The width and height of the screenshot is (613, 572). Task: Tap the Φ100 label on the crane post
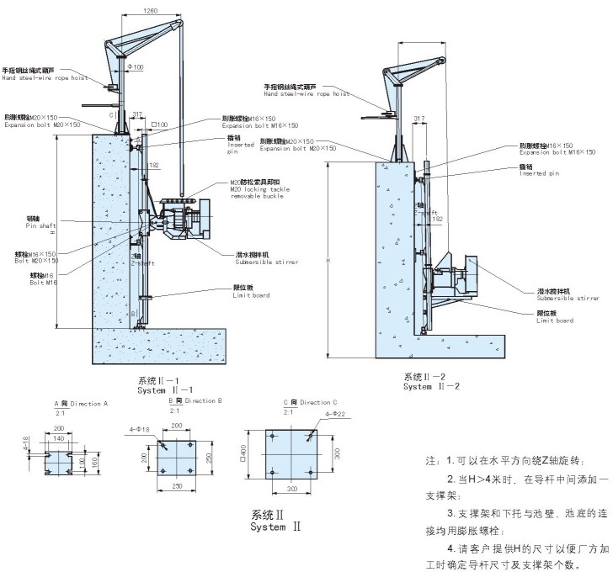[135, 66]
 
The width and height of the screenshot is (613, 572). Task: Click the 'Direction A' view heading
[82, 405]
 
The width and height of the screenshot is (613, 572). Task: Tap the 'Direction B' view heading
[196, 401]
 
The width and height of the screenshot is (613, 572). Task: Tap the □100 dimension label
[159, 124]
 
